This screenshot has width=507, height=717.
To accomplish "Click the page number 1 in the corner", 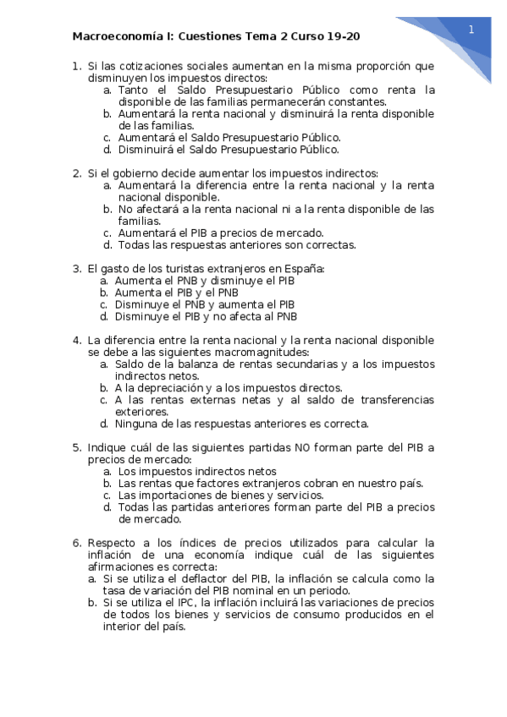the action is tap(470, 29).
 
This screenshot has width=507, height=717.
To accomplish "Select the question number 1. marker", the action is tap(76, 66).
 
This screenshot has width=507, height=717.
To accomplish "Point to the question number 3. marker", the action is tap(76, 268).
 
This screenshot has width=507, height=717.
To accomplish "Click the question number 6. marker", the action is tap(76, 542).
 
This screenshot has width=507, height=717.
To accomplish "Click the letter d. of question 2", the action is tap(107, 245).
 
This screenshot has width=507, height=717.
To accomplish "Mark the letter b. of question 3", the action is tap(103, 293).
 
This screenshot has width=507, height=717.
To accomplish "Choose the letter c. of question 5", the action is tap(107, 495).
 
